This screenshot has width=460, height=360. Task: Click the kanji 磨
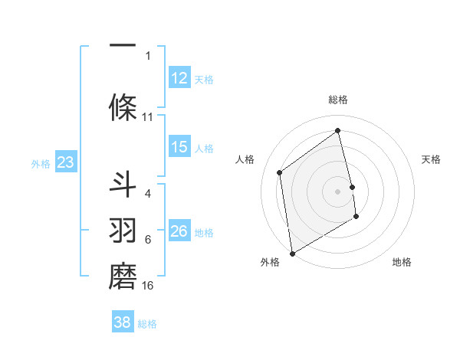click(x=123, y=277)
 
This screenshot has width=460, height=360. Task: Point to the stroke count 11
click(x=148, y=117)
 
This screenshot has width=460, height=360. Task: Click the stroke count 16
click(x=148, y=286)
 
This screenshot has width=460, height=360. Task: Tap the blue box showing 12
click(x=179, y=78)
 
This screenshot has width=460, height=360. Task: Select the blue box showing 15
click(x=179, y=147)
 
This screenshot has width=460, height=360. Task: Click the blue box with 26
click(x=179, y=231)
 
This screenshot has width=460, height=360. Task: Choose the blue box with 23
click(x=65, y=162)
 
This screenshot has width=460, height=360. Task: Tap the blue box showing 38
click(x=122, y=322)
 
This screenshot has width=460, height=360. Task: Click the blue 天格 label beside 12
click(x=204, y=79)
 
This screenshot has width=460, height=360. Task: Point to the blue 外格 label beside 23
click(x=41, y=163)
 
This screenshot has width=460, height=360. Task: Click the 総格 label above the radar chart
click(x=338, y=100)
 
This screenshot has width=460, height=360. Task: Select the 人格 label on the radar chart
click(x=245, y=159)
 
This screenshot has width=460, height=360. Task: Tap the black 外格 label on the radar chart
click(x=270, y=262)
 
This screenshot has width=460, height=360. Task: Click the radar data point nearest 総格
click(x=338, y=131)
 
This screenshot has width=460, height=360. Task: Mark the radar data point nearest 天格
click(x=353, y=187)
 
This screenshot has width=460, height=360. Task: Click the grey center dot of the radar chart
click(x=338, y=191)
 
